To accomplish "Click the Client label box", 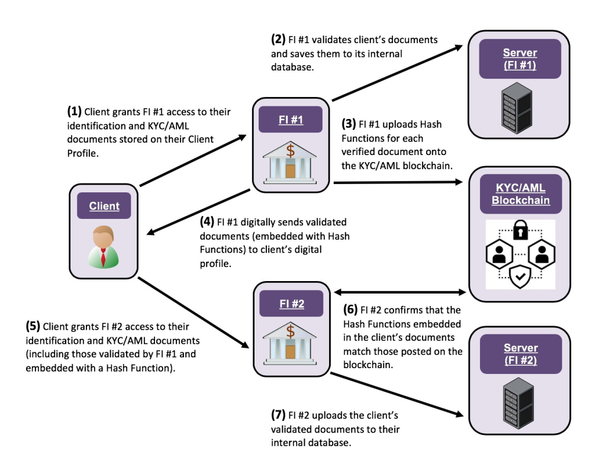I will click(x=104, y=206).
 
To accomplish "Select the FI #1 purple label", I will click(x=291, y=120).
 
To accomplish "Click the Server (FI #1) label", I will click(x=520, y=59).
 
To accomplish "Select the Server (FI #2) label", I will click(x=520, y=354).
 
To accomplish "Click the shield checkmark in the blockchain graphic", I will click(x=520, y=276).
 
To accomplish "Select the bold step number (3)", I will click(x=349, y=124).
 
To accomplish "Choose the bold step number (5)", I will click(x=33, y=325).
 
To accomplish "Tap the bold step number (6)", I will click(x=351, y=310).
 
